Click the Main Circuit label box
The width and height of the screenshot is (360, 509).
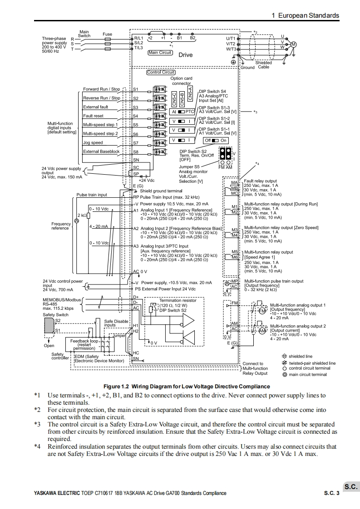click(160, 53)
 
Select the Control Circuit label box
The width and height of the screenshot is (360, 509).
click(161, 72)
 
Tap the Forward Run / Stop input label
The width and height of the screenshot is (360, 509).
click(102, 89)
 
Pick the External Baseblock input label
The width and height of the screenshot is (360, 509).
click(102, 152)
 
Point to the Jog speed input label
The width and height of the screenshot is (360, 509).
click(93, 142)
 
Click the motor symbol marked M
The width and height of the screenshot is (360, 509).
click(293, 44)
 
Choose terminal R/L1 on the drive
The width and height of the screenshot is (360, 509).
click(138, 39)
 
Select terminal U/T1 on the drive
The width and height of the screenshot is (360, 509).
click(231, 39)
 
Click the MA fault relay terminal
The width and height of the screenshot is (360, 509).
click(234, 182)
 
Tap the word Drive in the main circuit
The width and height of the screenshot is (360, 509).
click(185, 55)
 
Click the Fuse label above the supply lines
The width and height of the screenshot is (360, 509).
click(107, 34)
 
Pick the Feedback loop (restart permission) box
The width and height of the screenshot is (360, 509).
click(84, 344)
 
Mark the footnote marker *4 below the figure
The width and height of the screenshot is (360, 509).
click(38, 446)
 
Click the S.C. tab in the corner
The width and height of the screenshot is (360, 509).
click(351, 487)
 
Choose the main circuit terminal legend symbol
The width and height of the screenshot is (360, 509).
click(285, 375)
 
